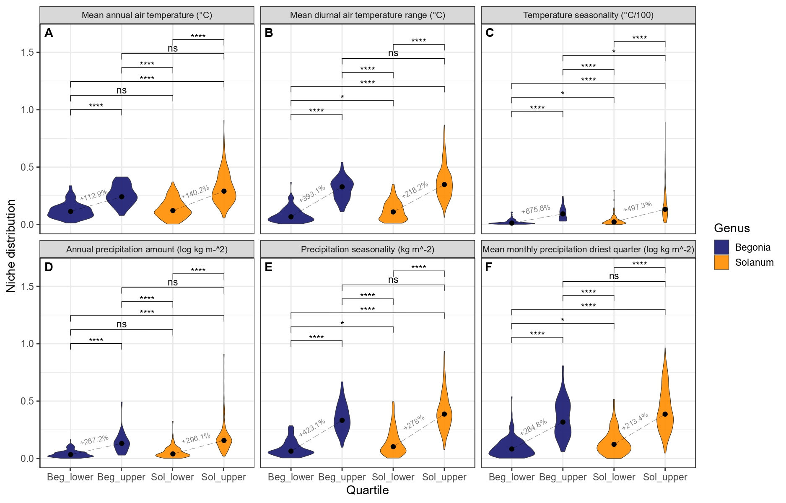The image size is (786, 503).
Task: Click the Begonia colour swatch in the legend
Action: (x=721, y=247)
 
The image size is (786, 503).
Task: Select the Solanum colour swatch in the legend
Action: (x=721, y=262)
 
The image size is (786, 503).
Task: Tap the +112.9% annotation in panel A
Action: (x=93, y=195)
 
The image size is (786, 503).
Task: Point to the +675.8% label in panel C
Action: (x=535, y=209)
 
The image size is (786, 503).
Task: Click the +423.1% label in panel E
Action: (x=312, y=428)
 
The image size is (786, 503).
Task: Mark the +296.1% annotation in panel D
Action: (x=196, y=438)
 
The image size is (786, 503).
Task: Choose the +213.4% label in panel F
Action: (x=635, y=421)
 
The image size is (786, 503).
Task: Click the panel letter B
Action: (x=269, y=33)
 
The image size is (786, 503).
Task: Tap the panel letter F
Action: (x=488, y=267)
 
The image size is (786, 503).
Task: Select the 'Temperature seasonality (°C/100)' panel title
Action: (x=588, y=16)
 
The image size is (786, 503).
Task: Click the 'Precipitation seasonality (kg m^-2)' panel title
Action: (x=367, y=249)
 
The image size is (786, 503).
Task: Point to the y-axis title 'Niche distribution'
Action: (x=11, y=246)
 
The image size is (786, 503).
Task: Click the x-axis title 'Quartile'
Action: (x=367, y=490)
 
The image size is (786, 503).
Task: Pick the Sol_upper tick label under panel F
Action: (x=665, y=477)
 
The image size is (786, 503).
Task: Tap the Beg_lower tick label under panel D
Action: (x=70, y=477)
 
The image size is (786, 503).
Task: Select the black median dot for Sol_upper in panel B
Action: (x=444, y=184)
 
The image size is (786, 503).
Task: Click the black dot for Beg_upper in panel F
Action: (x=563, y=422)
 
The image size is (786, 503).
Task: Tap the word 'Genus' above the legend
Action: (x=732, y=228)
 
